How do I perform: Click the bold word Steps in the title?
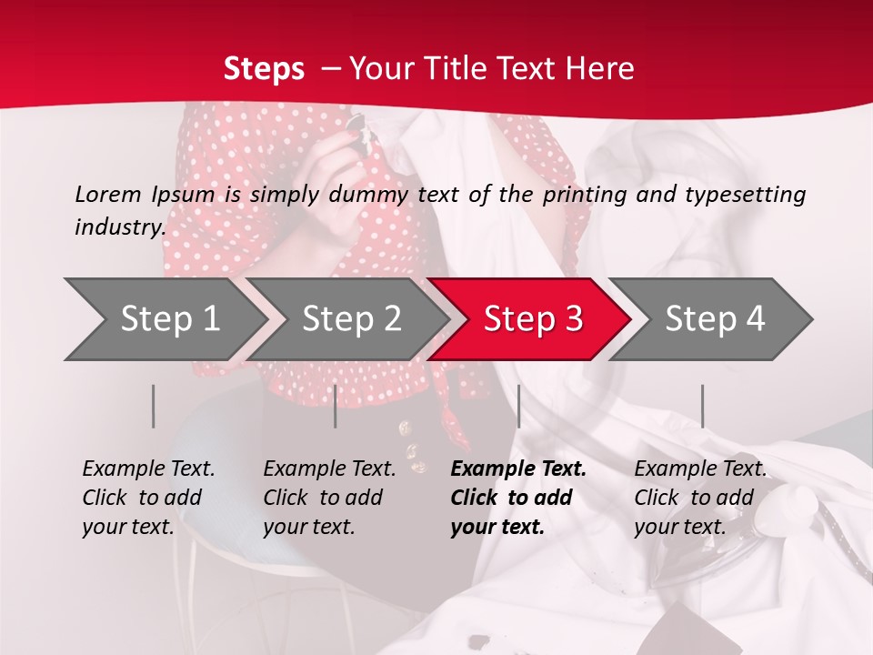pyautogui.click(x=264, y=68)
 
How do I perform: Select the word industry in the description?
pyautogui.click(x=119, y=227)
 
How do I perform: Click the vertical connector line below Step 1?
pyautogui.click(x=154, y=406)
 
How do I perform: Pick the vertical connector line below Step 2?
pyautogui.click(x=336, y=406)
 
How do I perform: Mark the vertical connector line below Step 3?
pyautogui.click(x=518, y=406)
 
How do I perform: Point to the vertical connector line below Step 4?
pyautogui.click(x=702, y=406)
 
